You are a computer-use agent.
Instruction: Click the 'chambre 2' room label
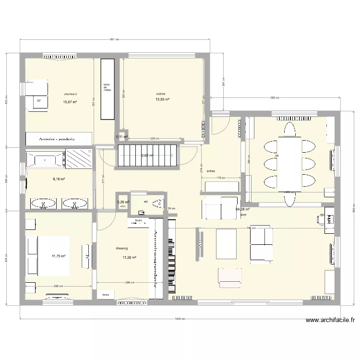[x=70, y=94]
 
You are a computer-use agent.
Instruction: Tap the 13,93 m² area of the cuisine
[x=162, y=99]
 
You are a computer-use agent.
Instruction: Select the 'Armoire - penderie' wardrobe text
[x=58, y=138]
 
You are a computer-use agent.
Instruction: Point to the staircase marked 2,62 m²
[x=146, y=156]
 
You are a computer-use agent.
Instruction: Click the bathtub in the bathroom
[x=45, y=159]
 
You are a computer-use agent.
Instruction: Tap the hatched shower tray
[x=78, y=159]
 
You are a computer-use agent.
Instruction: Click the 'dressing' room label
[x=121, y=249]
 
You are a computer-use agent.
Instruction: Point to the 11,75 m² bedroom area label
[x=59, y=256]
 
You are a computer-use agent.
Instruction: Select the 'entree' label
[x=210, y=171]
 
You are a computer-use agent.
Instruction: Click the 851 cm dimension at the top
[x=114, y=40]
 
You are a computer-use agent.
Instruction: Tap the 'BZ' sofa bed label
[x=38, y=101]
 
